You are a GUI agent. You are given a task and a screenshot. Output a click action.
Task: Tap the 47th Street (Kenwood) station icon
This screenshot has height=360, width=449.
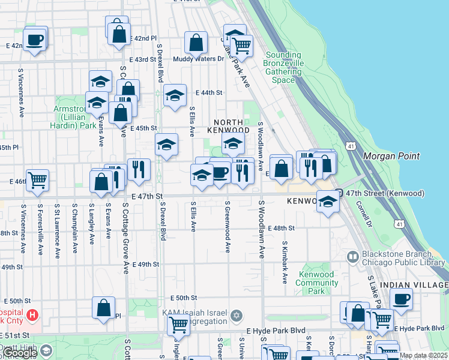[339, 193]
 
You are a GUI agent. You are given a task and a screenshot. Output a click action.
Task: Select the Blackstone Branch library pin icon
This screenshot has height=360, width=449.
[353, 257]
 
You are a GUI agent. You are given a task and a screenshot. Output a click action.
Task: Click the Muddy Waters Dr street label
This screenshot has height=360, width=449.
[198, 59]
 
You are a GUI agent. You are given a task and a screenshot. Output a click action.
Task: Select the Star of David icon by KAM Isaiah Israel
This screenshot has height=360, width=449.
[237, 314]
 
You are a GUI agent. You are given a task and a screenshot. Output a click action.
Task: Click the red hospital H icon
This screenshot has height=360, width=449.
[32, 314]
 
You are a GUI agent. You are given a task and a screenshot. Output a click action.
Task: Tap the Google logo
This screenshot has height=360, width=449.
[19, 353]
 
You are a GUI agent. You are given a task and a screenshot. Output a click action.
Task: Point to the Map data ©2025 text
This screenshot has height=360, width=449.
[423, 355]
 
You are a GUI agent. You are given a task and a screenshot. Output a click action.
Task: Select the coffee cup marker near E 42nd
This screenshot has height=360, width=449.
[35, 40]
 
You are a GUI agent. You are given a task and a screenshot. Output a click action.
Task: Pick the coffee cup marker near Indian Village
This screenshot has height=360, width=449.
[401, 298]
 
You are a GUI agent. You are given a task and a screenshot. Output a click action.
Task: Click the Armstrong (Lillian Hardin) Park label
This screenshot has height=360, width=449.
[75, 116]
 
